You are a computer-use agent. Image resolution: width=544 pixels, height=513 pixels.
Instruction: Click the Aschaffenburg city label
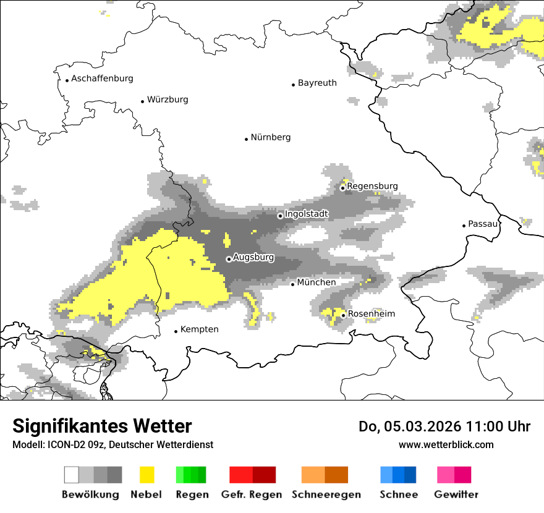[102, 78]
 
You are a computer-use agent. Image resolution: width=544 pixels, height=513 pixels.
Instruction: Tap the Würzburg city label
[168, 100]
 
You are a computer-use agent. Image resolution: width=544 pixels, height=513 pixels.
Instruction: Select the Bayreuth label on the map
[317, 83]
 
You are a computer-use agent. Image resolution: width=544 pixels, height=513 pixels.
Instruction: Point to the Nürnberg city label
[270, 137]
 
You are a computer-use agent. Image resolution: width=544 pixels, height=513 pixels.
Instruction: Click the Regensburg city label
[372, 186]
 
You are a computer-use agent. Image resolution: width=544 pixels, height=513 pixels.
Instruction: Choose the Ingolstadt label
[307, 214]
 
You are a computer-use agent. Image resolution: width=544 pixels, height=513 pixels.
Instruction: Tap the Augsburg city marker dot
[229, 259]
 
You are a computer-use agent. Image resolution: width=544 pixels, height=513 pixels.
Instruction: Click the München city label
[317, 282]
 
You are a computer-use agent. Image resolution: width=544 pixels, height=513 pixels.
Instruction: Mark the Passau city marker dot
[464, 226]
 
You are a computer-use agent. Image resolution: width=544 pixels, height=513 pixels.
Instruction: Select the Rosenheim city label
[372, 314]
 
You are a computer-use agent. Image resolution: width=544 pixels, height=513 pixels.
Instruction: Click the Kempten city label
[199, 329]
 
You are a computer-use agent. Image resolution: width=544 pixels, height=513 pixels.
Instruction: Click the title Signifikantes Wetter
[102, 426]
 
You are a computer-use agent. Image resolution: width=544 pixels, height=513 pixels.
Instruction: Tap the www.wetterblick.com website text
[446, 444]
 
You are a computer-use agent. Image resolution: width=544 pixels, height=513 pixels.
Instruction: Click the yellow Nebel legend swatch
[147, 475]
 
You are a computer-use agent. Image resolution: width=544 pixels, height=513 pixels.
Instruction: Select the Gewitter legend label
[456, 494]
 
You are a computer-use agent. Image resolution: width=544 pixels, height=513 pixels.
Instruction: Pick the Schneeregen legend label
[326, 494]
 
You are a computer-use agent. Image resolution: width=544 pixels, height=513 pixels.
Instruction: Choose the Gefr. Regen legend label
[252, 494]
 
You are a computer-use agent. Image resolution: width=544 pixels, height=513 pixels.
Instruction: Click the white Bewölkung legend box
[72, 475]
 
